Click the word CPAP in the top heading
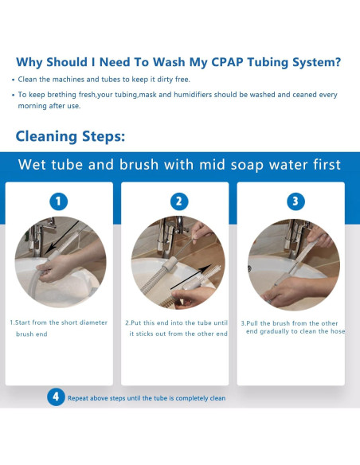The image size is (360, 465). [227, 62]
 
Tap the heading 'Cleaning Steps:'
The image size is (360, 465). [70, 136]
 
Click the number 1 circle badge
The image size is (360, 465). [58, 201]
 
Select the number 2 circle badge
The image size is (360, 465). [179, 201]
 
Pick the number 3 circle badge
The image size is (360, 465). [295, 201]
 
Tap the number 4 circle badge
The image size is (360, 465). [56, 397]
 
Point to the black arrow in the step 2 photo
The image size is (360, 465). [191, 276]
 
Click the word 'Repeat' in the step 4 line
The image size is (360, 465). [78, 398]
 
